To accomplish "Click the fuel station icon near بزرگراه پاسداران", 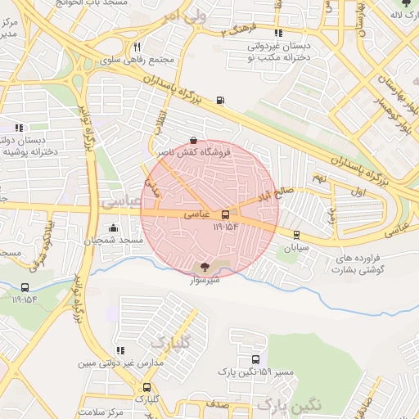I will click(219, 101).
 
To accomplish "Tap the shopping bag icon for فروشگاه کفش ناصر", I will click(192, 140).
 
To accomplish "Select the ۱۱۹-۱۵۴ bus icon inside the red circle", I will click(225, 214).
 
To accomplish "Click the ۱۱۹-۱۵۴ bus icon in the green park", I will click(25, 287).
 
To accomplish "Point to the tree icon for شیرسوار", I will click(205, 266).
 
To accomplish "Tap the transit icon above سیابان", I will click(295, 234).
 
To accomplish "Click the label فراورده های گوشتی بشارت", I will click(364, 264).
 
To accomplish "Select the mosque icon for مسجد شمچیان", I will click(112, 228).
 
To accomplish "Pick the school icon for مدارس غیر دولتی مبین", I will click(120, 350).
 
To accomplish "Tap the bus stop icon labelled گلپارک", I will click(146, 387).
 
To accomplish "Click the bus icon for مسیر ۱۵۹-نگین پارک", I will click(255, 359).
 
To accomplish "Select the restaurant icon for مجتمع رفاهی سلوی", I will click(137, 47).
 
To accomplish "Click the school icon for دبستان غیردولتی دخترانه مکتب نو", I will click(278, 34).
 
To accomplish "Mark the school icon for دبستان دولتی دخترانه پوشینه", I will click(19, 128).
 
